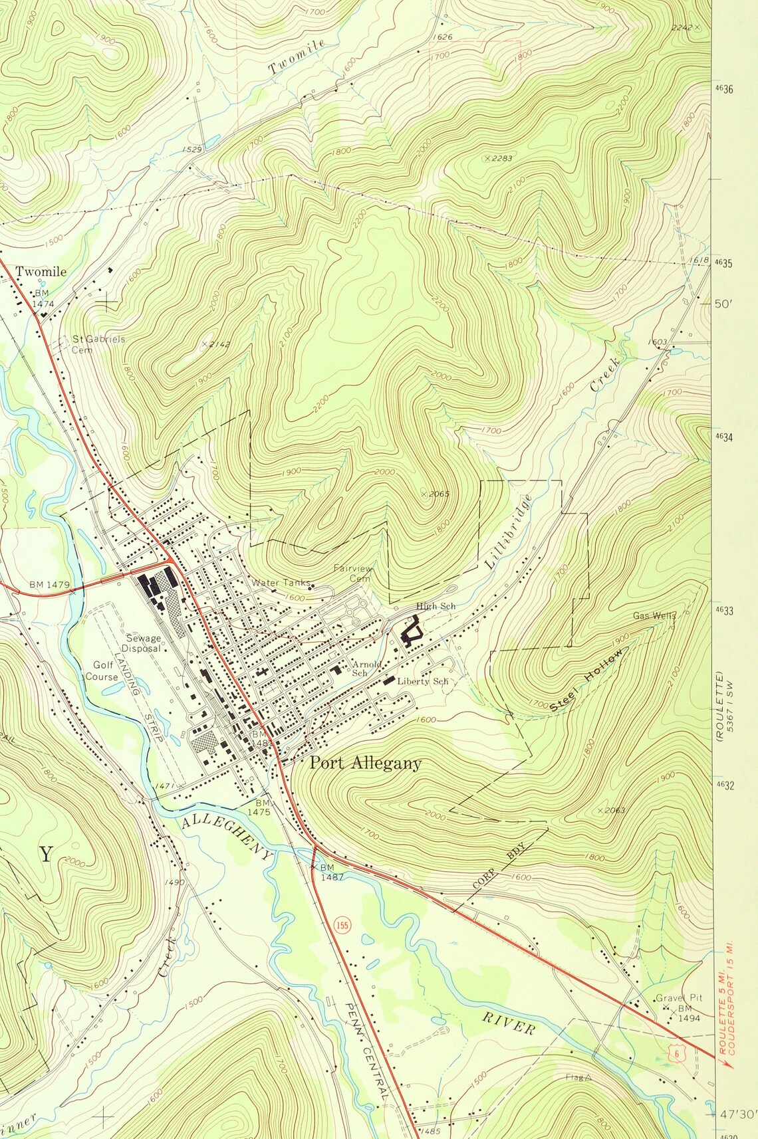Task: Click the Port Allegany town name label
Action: (x=365, y=763)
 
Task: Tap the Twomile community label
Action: (x=41, y=271)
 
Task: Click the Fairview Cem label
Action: (x=353, y=573)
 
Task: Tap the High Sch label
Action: (x=436, y=606)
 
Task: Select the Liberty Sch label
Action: (x=423, y=681)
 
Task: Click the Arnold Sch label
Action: (x=366, y=668)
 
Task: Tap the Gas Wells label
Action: (x=654, y=615)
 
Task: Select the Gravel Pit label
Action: (x=679, y=997)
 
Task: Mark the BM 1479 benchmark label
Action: (x=49, y=585)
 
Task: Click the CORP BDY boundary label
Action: (x=499, y=866)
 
